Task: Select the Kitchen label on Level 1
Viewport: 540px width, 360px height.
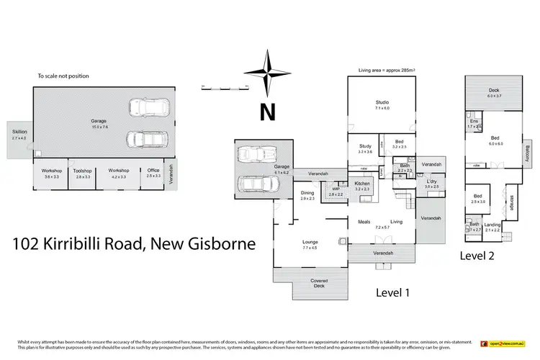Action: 362,184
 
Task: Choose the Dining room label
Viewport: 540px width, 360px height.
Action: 308,193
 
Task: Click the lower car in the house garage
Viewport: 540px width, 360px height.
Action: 256,184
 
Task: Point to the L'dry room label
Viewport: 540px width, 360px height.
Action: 431,183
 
